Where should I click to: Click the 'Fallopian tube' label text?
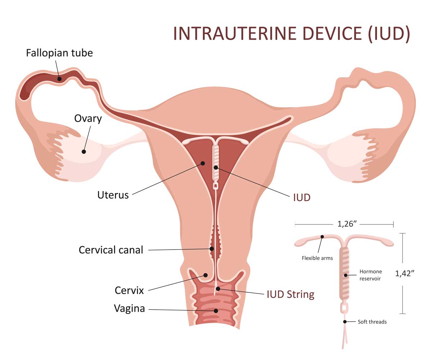(x=59, y=53)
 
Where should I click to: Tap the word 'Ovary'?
(x=88, y=119)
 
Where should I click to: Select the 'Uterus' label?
(x=113, y=195)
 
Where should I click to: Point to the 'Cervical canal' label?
(x=111, y=250)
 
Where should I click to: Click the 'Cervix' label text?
(x=129, y=291)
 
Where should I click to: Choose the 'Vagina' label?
(x=129, y=309)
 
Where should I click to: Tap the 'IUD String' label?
(x=291, y=295)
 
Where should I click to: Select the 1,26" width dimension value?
(x=347, y=224)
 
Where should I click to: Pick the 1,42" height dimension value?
(x=405, y=273)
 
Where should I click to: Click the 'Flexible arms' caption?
(x=317, y=258)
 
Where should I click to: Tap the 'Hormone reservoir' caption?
(x=371, y=275)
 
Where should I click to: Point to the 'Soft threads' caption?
(x=372, y=322)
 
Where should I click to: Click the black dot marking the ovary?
(x=84, y=152)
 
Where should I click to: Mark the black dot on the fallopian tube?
(x=60, y=79)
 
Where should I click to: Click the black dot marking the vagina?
(x=216, y=311)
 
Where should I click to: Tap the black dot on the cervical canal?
(x=212, y=249)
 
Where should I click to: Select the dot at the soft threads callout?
(x=345, y=322)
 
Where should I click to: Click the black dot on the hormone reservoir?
(x=346, y=275)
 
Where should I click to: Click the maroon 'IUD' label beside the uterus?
(x=302, y=198)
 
